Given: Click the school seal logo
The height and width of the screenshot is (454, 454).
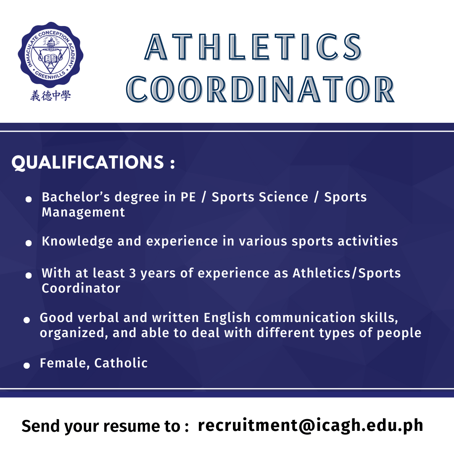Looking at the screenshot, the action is point(51,55).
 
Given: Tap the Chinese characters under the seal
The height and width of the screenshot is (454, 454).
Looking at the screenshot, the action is point(51,95).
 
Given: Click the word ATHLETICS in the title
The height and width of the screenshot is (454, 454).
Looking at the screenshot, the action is point(253,47).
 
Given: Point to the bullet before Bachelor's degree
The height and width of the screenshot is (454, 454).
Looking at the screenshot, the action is point(29,199).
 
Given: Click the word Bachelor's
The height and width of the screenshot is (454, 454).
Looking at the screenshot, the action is point(76,197).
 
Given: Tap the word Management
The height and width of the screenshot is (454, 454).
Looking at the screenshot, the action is point(83,212).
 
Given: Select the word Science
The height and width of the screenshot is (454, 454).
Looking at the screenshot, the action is point(283,197).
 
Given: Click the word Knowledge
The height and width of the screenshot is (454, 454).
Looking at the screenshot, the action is point(77,241).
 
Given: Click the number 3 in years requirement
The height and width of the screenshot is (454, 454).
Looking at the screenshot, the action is point(132,273).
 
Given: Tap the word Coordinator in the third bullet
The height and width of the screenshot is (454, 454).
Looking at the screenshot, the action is point(81,288).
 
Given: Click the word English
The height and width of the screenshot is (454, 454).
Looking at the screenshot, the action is point(227,318).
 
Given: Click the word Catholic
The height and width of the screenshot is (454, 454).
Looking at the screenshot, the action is point(121,363).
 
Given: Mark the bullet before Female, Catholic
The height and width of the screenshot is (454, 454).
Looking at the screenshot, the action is point(26,365).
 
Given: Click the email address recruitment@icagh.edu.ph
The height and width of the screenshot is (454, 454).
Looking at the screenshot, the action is point(311,425).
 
